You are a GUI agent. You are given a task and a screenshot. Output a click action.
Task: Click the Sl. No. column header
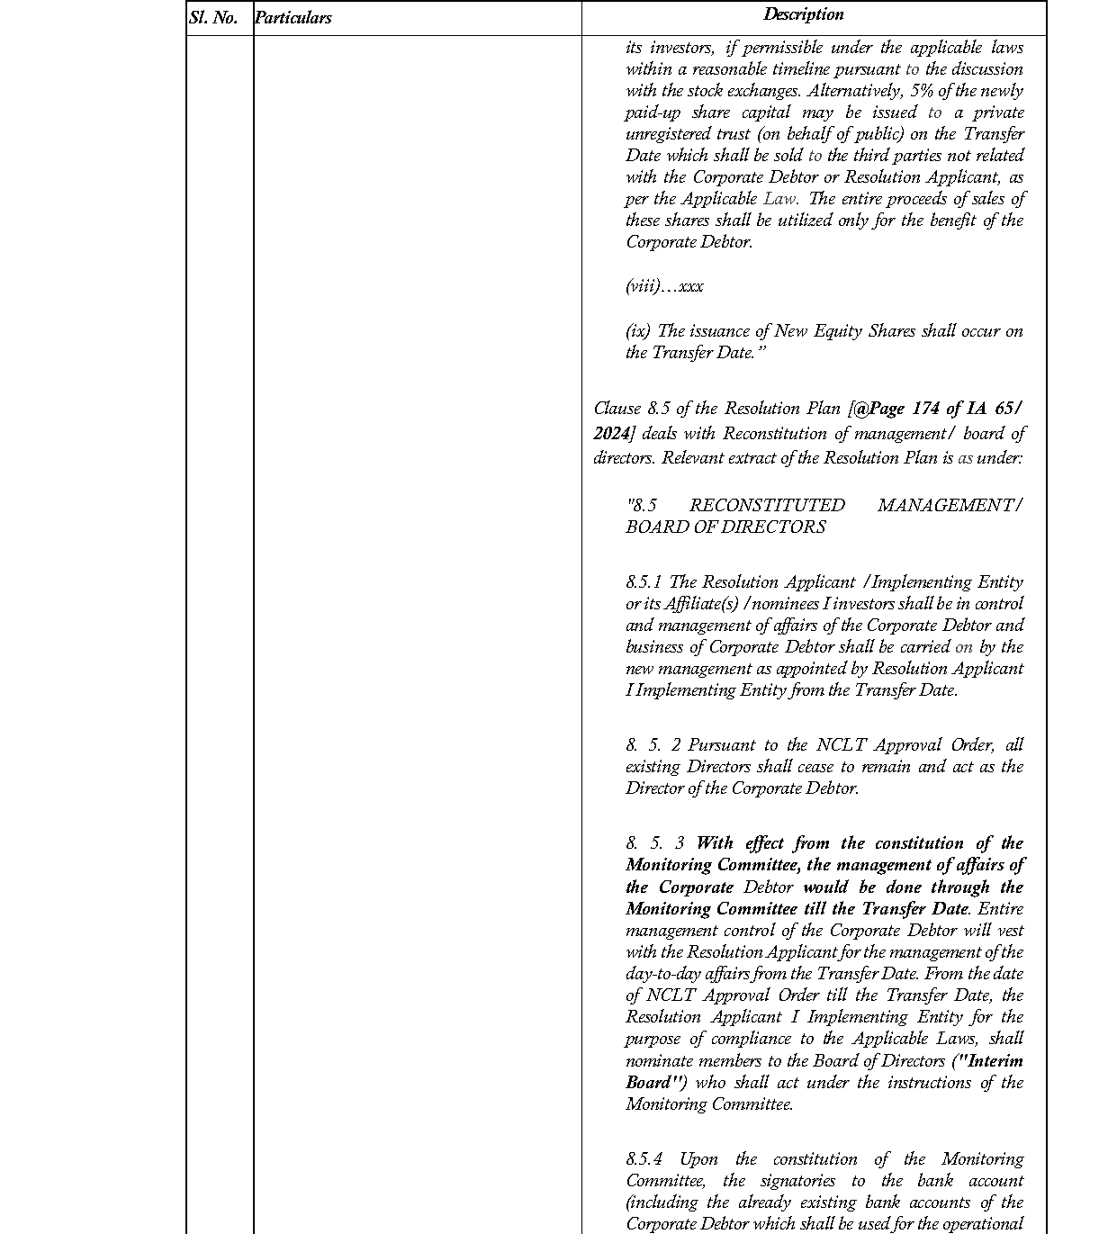click(213, 18)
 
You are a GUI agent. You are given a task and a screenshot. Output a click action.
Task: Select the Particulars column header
click(293, 18)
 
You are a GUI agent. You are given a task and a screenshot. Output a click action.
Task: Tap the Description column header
click(803, 14)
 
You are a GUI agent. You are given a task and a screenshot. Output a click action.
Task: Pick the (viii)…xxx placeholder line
click(664, 286)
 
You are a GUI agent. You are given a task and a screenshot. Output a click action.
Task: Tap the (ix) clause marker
click(637, 331)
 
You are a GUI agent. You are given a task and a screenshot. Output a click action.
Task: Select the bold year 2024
click(611, 433)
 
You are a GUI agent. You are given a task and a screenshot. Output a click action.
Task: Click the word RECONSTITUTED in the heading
click(767, 506)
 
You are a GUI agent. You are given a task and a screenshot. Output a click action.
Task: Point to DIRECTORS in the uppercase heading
click(780, 527)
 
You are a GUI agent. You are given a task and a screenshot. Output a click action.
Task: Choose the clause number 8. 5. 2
click(653, 745)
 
